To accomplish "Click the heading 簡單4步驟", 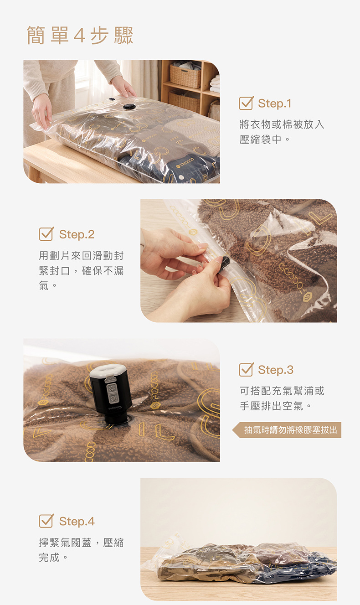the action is tap(80, 36).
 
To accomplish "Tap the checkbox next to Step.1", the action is tap(246, 103).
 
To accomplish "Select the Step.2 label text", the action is tap(77, 234).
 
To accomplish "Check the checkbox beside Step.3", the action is tap(246, 369).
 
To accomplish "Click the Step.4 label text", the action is tap(77, 521).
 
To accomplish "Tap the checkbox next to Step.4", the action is tap(46, 521).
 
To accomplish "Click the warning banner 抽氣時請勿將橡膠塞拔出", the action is tap(287, 430).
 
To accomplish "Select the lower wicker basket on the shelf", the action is tap(184, 101).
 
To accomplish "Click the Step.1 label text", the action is tap(275, 103).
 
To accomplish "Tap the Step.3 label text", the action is tap(276, 370).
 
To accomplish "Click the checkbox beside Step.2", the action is tap(46, 234).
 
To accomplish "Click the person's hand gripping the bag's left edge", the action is tap(41, 110).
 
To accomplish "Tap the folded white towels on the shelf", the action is tap(215, 84).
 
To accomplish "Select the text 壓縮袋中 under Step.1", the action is tap(260, 140).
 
